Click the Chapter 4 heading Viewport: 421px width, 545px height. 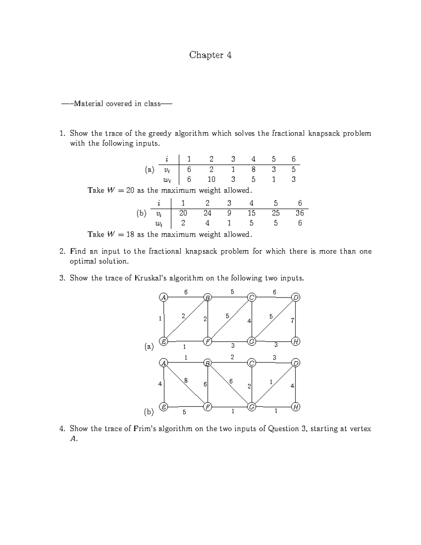point(210,55)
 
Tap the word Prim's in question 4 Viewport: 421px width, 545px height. point(145,428)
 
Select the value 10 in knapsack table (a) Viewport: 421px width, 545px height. point(211,179)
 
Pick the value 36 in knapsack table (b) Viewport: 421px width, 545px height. point(300,213)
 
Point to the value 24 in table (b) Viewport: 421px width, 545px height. point(207,213)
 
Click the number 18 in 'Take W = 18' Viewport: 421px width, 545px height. point(130,234)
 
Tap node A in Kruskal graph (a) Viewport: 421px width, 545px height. point(163,298)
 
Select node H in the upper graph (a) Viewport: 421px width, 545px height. point(296,341)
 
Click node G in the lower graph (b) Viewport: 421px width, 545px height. point(252,407)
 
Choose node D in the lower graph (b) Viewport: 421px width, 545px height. point(296,363)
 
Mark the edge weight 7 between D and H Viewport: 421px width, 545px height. point(292,320)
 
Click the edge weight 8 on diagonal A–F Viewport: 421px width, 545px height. point(186,380)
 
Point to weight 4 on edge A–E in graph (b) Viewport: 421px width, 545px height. point(160,384)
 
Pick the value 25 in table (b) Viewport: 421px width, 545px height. point(276,213)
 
